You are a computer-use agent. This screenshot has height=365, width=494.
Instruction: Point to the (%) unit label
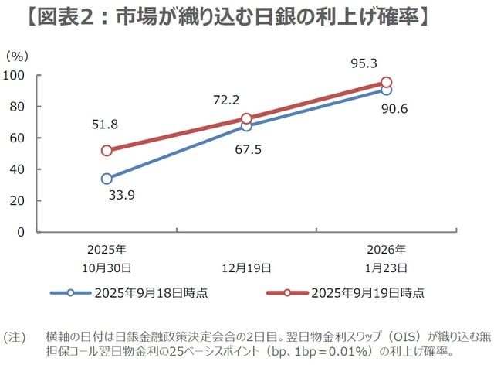16,56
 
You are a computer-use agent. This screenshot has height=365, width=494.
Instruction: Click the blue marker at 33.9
107,179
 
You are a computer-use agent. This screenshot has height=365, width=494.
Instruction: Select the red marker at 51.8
107,151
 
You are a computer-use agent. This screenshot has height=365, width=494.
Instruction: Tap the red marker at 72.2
246,119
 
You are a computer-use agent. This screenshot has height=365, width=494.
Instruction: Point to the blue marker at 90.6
386,90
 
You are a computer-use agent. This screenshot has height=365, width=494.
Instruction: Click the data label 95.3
364,63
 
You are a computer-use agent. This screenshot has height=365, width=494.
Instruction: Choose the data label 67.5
246,149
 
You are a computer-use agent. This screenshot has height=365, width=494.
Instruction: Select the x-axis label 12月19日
246,268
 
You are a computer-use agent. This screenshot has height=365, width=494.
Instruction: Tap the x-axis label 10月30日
107,268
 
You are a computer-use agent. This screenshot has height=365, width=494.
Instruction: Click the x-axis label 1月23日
386,268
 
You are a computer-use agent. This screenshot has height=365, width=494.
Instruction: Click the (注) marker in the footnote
15,337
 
